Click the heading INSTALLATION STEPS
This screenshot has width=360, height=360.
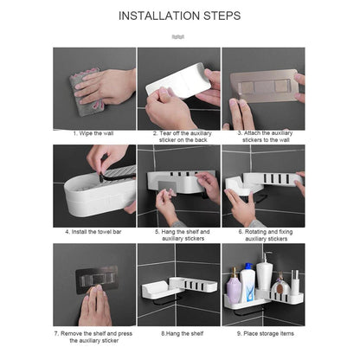click(179, 16)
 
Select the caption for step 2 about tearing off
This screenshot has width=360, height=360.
click(179, 136)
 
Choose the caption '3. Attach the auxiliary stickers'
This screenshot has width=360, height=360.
click(263, 136)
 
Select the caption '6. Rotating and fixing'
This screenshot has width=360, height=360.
click(263, 235)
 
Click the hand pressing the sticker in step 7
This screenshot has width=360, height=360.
click(93, 303)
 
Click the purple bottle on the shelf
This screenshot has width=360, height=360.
click(234, 286)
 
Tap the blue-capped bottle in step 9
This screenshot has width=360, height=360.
click(248, 281)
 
